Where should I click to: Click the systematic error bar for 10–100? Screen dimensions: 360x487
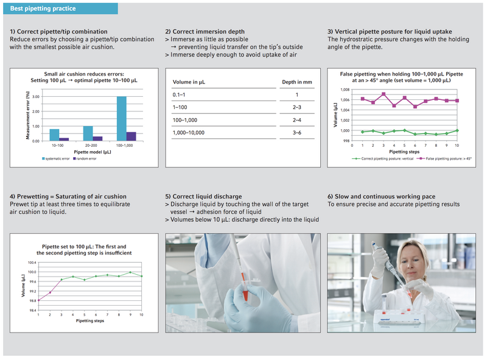tap(54, 135)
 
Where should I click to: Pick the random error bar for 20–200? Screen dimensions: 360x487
tap(97, 138)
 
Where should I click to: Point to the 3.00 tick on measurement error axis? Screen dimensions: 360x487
tap(36, 97)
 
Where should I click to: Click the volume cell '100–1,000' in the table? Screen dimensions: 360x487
tap(187, 119)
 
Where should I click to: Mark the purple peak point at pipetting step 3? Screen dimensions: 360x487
tap(384, 94)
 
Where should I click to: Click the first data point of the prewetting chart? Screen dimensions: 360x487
tap(38, 300)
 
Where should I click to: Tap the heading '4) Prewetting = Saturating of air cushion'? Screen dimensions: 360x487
tap(68, 196)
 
